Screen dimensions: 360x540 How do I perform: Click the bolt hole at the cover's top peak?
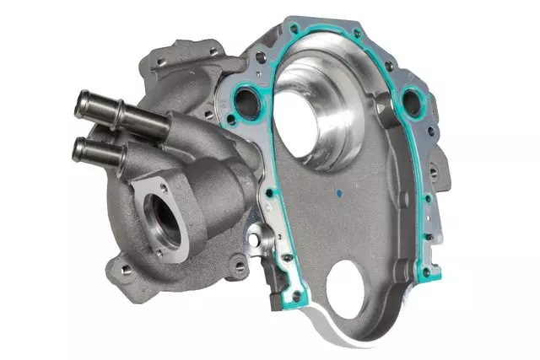click(359, 32)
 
